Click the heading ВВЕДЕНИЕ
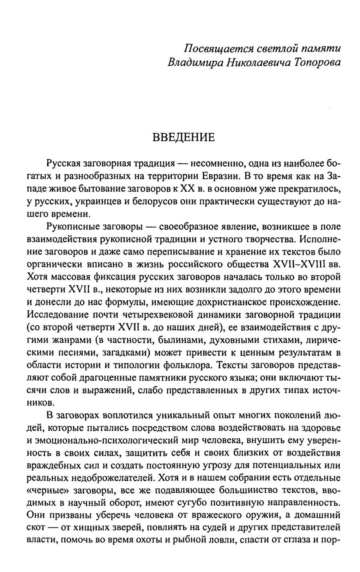tap(184, 138)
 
